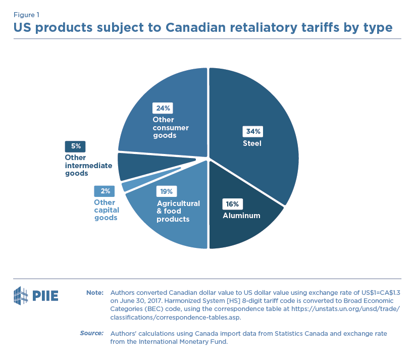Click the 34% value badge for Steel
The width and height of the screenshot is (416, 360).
pyautogui.click(x=253, y=132)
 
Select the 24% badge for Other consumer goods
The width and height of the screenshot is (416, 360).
pyautogui.click(x=164, y=108)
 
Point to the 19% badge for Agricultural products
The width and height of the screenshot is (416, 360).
pyautogui.click(x=167, y=192)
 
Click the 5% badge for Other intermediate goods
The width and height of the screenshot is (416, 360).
pyautogui.click(x=75, y=146)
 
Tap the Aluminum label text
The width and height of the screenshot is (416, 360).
pyautogui.click(x=241, y=216)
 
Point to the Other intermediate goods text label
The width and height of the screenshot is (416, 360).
pyautogui.click(x=83, y=165)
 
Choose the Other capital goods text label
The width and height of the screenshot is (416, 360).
pyautogui.click(x=106, y=210)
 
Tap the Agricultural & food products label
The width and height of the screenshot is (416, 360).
pyautogui.click(x=178, y=211)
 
